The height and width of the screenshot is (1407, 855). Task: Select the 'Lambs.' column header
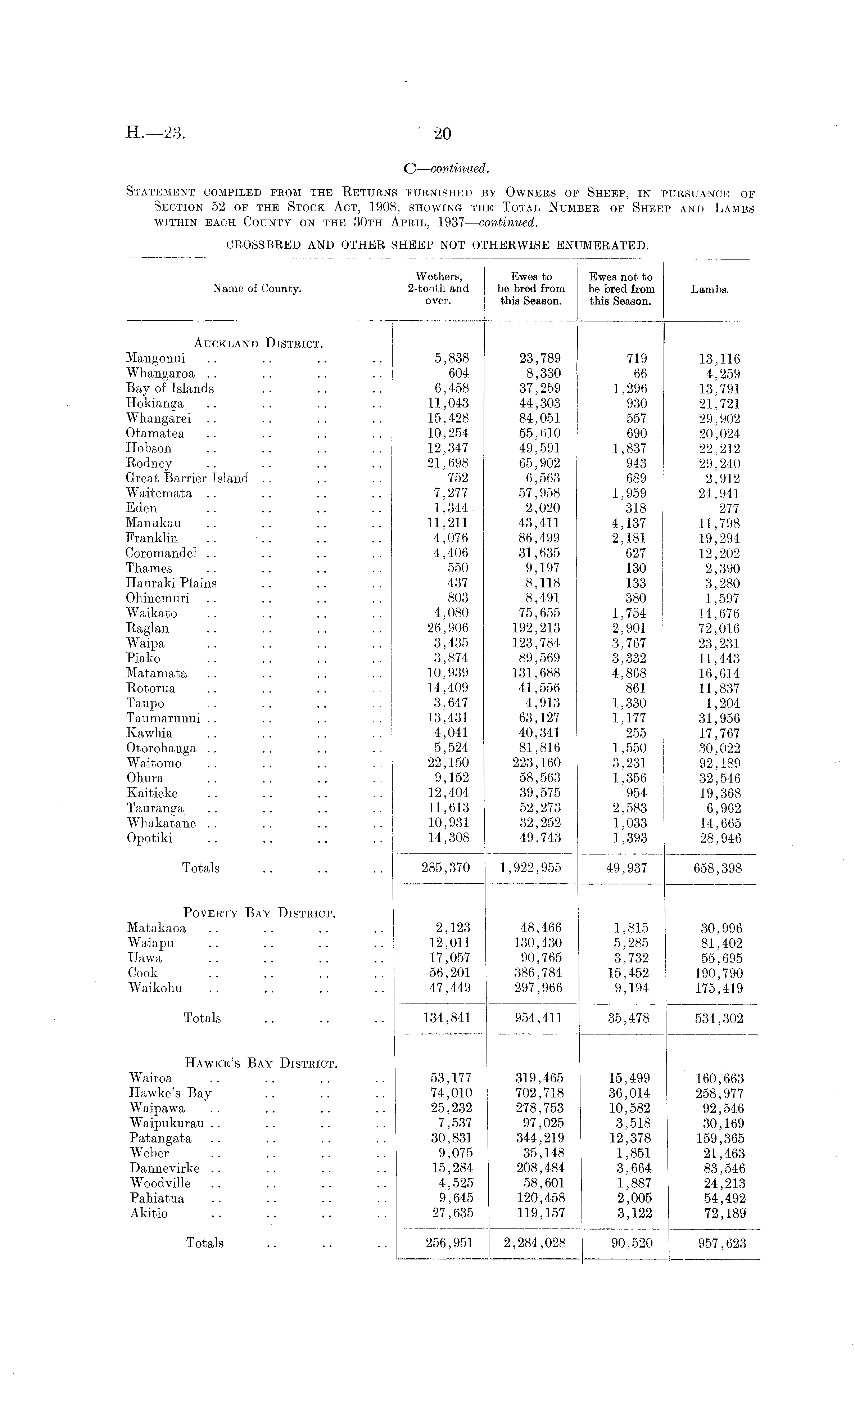coord(710,289)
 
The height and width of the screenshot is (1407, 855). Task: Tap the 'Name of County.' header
coord(257,289)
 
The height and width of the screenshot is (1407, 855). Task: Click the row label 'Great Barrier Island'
coord(187,478)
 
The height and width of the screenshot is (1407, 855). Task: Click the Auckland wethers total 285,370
coord(445,868)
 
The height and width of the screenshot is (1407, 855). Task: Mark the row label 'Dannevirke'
coord(165,1168)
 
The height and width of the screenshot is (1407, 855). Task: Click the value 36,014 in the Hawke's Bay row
coord(629,1093)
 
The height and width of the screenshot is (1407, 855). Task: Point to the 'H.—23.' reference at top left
coord(155,133)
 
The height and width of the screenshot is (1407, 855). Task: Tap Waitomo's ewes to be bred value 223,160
coord(536,763)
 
